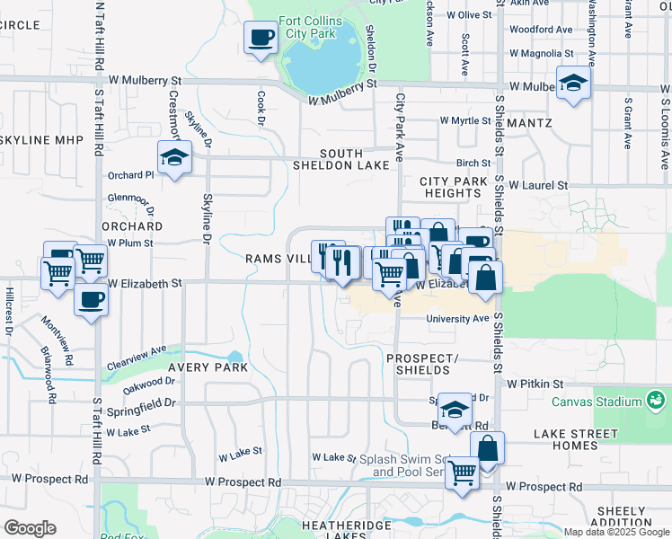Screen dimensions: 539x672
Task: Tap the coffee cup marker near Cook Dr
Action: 261,39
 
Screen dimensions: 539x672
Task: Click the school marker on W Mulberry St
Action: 572,84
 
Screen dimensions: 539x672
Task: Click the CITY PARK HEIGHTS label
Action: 454,187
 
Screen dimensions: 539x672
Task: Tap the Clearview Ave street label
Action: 137,357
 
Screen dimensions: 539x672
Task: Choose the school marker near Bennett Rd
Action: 455,411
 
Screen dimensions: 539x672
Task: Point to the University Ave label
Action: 457,319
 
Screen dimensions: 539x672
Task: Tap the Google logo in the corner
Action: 30,528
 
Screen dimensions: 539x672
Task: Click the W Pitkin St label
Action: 535,384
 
